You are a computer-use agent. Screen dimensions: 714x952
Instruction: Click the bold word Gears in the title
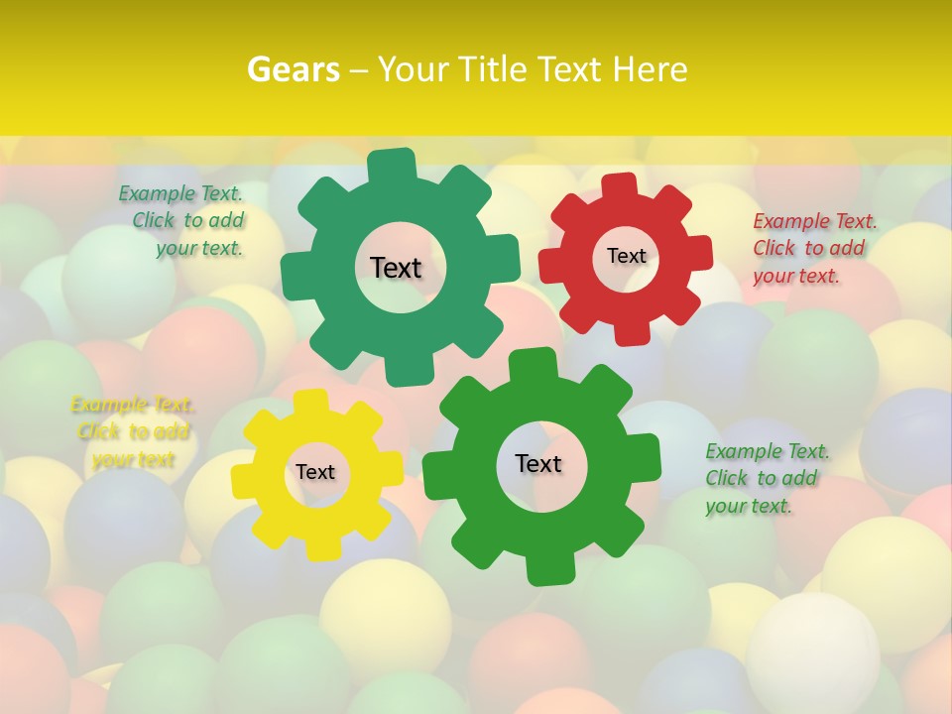point(293,69)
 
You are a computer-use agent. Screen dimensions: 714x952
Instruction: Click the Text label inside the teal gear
point(396,268)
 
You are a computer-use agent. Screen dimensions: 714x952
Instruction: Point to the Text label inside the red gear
point(626,256)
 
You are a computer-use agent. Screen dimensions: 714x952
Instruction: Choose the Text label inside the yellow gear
point(315,472)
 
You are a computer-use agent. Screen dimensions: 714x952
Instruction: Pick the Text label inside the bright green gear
point(538,463)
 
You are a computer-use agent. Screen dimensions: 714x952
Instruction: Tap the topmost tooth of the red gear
point(620,185)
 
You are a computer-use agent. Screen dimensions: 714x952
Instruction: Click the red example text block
point(814,248)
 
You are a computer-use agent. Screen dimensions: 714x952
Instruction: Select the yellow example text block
point(132,431)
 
